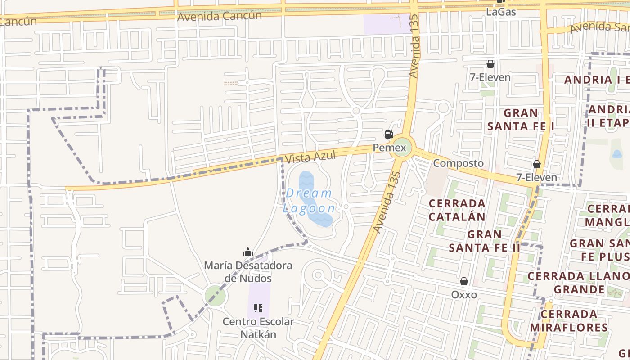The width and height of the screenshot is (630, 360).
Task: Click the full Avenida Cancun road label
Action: [x=220, y=16]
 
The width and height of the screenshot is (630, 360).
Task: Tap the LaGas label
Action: [x=501, y=12]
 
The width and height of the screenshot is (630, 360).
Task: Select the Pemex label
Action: [x=389, y=148]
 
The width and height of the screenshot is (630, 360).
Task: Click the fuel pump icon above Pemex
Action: [x=389, y=134]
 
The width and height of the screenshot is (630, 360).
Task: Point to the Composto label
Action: [x=459, y=163]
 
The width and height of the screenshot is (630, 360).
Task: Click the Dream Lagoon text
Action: [x=309, y=201]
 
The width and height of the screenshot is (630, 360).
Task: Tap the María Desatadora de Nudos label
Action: [x=248, y=272]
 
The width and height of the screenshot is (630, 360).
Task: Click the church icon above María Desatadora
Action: [x=248, y=252]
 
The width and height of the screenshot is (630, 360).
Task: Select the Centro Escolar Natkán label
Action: [x=258, y=328]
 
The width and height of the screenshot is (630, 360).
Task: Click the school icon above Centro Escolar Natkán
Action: [x=258, y=308]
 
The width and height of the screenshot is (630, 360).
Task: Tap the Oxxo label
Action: [x=464, y=294]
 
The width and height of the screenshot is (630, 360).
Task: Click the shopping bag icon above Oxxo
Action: [x=464, y=282]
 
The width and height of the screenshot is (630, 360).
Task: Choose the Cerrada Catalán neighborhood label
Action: [x=457, y=210]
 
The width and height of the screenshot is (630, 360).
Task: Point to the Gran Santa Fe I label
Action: [x=521, y=120]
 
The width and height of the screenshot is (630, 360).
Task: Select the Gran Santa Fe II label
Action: [x=484, y=241]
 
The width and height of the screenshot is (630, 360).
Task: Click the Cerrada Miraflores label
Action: [x=569, y=320]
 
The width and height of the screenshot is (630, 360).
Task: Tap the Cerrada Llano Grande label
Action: [x=578, y=282]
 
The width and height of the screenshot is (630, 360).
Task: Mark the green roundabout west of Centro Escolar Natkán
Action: [x=215, y=296]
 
